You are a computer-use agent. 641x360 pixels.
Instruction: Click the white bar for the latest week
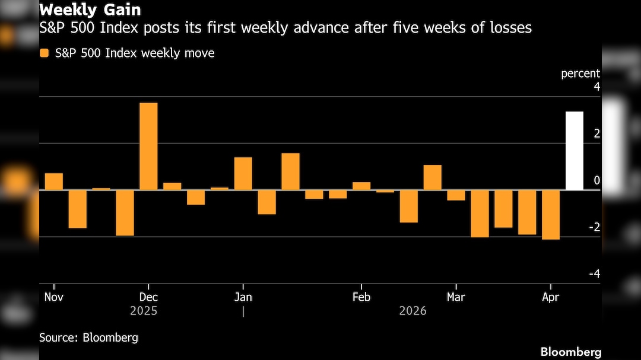[x=574, y=151]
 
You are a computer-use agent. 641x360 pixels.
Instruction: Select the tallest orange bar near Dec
[x=148, y=146]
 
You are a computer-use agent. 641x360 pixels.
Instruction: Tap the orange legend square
[x=44, y=53]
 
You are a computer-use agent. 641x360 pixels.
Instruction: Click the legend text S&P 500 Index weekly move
[x=135, y=53]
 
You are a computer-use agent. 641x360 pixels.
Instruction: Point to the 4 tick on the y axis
[x=596, y=87]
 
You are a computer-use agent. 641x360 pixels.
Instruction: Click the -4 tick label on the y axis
[x=594, y=274]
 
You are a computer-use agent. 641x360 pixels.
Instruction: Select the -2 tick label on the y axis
[x=594, y=228]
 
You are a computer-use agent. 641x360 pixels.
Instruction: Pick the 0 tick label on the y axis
[x=596, y=180]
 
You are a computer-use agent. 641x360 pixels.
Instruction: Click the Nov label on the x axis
[x=53, y=297]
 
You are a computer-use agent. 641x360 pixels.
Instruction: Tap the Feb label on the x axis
[x=361, y=297]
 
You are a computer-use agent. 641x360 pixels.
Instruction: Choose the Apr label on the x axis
[x=550, y=297]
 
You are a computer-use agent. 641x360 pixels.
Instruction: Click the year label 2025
[x=144, y=311]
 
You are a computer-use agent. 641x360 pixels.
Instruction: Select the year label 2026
[x=412, y=311]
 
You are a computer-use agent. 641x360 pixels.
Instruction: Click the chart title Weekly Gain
[x=90, y=10]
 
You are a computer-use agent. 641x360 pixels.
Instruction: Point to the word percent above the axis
[x=580, y=74]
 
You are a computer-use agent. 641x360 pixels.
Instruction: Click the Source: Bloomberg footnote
[x=88, y=338]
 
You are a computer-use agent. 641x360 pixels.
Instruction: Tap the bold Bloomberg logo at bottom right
[x=571, y=352]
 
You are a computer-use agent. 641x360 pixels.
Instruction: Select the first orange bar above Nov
[x=54, y=181]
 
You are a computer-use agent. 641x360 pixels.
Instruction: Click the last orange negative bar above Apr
[x=550, y=215]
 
